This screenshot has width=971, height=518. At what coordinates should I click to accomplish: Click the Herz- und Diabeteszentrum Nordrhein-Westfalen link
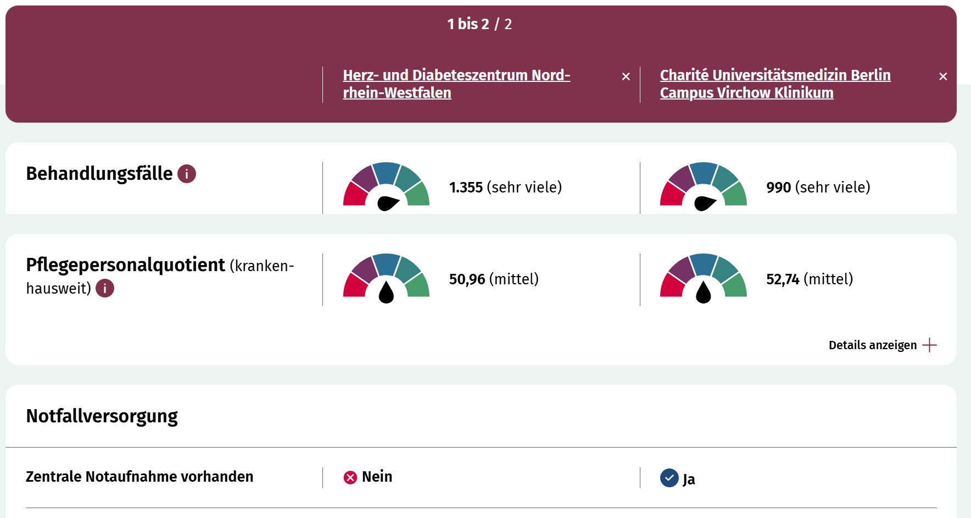click(x=456, y=84)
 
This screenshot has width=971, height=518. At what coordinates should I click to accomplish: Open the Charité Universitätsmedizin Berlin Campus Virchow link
click(x=774, y=84)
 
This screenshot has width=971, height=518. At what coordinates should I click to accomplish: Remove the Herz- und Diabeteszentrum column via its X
click(x=626, y=76)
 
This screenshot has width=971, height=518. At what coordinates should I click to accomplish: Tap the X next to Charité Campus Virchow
click(x=943, y=76)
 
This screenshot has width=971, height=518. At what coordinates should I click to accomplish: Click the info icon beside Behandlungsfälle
click(x=187, y=174)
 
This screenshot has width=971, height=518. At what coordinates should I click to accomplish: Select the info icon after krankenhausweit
click(x=105, y=288)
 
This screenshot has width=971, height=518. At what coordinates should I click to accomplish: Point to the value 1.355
click(x=466, y=188)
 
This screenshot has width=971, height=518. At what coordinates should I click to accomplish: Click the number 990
click(x=778, y=188)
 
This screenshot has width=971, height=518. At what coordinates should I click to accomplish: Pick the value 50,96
click(x=467, y=279)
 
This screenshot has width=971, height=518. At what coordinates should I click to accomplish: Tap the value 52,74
click(x=783, y=279)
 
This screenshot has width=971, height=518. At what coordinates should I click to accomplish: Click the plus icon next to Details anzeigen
click(x=929, y=345)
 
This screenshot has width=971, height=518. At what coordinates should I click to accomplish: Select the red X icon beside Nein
click(x=350, y=477)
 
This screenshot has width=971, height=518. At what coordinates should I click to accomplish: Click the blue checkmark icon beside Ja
click(x=669, y=478)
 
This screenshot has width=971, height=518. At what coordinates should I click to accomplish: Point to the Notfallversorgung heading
click(x=102, y=416)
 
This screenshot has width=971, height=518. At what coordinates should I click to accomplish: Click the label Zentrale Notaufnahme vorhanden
click(x=139, y=477)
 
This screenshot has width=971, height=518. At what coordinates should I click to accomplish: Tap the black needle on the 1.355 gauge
click(x=388, y=203)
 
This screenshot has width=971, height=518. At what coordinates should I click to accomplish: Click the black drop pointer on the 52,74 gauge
click(x=703, y=293)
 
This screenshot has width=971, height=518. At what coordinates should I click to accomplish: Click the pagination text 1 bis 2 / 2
click(x=479, y=24)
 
